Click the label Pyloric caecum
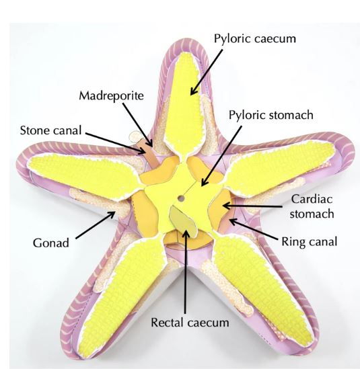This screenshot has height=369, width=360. (x=254, y=39)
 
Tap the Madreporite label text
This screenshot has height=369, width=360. (x=111, y=96)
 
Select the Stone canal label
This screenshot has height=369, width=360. (x=50, y=130)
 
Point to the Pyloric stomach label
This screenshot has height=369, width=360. (x=271, y=115)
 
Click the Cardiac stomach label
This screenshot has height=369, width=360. (x=312, y=206)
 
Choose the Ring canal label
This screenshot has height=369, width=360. (x=310, y=242)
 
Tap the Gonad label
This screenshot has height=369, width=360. (x=51, y=243)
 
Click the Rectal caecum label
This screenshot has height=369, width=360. (x=190, y=323)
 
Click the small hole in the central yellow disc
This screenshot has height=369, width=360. (x=181, y=198)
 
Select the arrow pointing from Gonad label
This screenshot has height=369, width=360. (x=96, y=225)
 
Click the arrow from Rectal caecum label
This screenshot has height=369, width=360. (x=186, y=272)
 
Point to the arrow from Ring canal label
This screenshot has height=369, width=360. (x=254, y=230)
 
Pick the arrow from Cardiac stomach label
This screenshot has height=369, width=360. (x=252, y=206)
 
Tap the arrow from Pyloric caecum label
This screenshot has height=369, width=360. (x=206, y=72)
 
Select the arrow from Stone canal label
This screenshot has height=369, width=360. (x=116, y=143)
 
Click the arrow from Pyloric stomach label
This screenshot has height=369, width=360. (x=221, y=156)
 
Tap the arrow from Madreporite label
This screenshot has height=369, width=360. (x=138, y=125)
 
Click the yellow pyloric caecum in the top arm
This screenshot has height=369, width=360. (x=183, y=104)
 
